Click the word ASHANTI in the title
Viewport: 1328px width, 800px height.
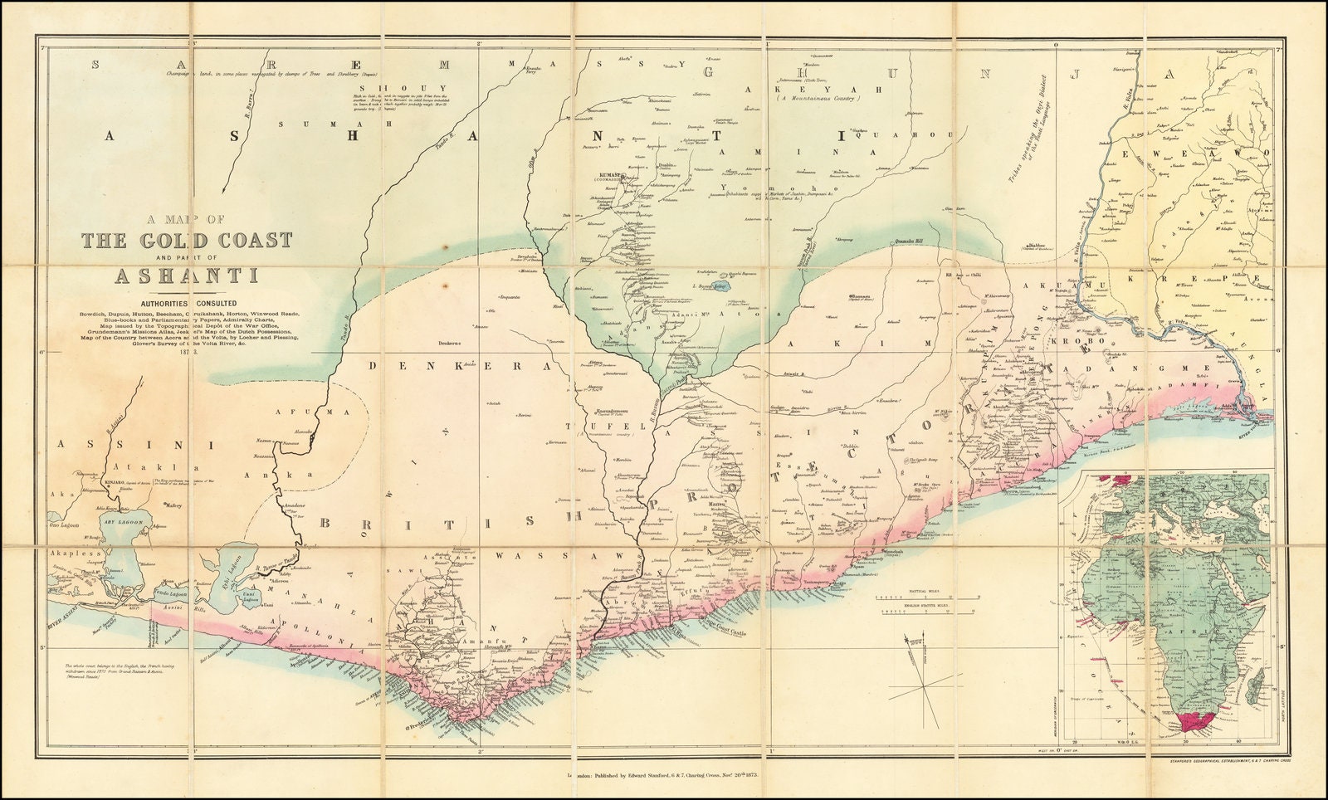tap(186, 276)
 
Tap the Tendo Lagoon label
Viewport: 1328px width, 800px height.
tap(174, 596)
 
